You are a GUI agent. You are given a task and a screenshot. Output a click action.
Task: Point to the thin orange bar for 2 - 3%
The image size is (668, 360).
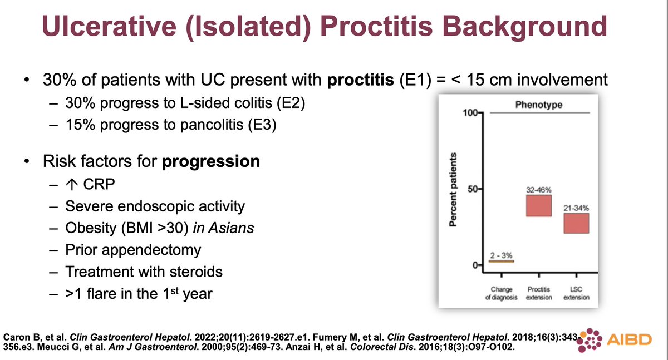(x=502, y=261)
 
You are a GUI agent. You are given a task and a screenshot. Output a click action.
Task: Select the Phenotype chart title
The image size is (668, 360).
(x=538, y=105)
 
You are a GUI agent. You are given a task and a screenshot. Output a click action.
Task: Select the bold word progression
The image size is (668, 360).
(x=212, y=162)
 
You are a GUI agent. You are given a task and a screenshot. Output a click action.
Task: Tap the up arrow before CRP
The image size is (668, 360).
(x=71, y=185)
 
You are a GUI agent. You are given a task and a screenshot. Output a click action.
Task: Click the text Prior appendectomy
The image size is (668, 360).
(x=133, y=250)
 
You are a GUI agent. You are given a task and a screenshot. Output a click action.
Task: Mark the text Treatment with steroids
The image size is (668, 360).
(x=144, y=272)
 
